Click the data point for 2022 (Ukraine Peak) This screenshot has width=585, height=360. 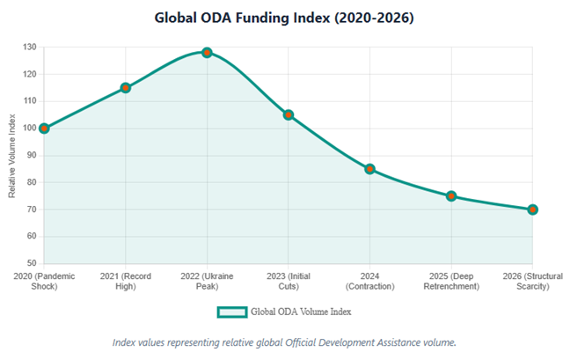click(x=207, y=52)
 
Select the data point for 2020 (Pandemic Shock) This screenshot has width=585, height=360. click(x=44, y=129)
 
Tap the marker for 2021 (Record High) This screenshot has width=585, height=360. click(x=126, y=88)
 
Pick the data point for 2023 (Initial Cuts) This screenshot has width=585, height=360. click(x=289, y=114)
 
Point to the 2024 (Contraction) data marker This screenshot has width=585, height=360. click(x=370, y=169)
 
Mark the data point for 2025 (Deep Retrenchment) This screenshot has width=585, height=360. click(x=451, y=196)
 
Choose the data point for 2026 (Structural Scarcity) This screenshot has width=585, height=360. click(x=533, y=209)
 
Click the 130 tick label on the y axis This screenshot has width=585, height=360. click(x=30, y=48)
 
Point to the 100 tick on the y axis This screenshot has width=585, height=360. click(x=30, y=129)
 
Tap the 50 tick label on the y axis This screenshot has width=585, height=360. click(x=33, y=264)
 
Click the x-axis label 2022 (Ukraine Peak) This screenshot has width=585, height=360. click(x=207, y=281)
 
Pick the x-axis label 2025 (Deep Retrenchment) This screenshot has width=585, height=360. click(x=451, y=281)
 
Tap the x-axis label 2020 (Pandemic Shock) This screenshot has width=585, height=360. click(x=44, y=281)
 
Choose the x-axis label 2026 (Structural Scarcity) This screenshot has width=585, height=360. click(x=533, y=281)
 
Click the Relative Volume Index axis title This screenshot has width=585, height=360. click(x=12, y=156)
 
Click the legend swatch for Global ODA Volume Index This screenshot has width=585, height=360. click(x=231, y=312)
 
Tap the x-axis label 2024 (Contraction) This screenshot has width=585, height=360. click(x=370, y=281)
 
